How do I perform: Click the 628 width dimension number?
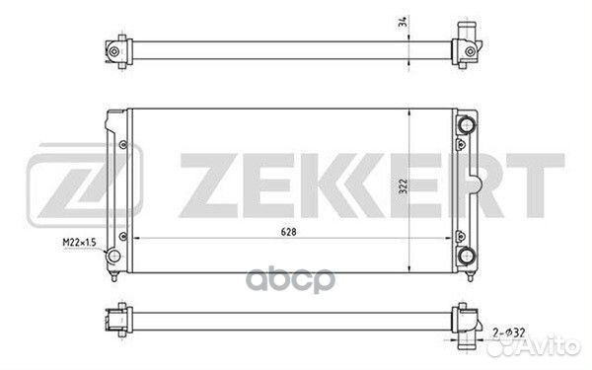coord(288,232)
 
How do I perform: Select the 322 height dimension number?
coord(404,186)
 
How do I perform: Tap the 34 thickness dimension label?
coord(404,22)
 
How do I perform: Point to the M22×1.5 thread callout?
coord(79,242)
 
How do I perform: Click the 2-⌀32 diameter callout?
coord(508,333)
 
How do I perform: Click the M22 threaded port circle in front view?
coord(113,256)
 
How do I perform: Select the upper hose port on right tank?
coord(467,124)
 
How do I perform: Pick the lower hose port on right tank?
coord(467,256)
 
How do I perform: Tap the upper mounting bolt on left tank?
coord(123,145)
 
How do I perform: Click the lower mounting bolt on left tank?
coord(123,237)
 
